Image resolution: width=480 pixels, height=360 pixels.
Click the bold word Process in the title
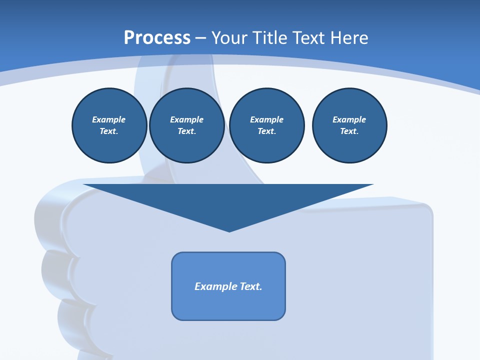point(157,38)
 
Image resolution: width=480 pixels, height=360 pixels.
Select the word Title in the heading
point(270,38)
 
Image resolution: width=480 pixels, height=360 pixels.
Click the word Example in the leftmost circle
point(109,119)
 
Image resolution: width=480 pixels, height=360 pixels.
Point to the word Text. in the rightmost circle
point(349,131)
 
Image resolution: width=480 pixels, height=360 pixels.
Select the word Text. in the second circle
point(186,131)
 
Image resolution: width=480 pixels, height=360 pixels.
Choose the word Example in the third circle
point(266,119)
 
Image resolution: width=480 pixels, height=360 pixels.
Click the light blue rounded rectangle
point(228,305)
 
